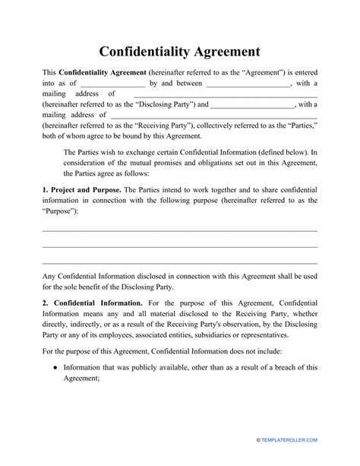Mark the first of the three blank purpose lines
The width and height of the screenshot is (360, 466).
(x=179, y=230)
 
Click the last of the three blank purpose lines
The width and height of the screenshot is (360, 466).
(x=179, y=262)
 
